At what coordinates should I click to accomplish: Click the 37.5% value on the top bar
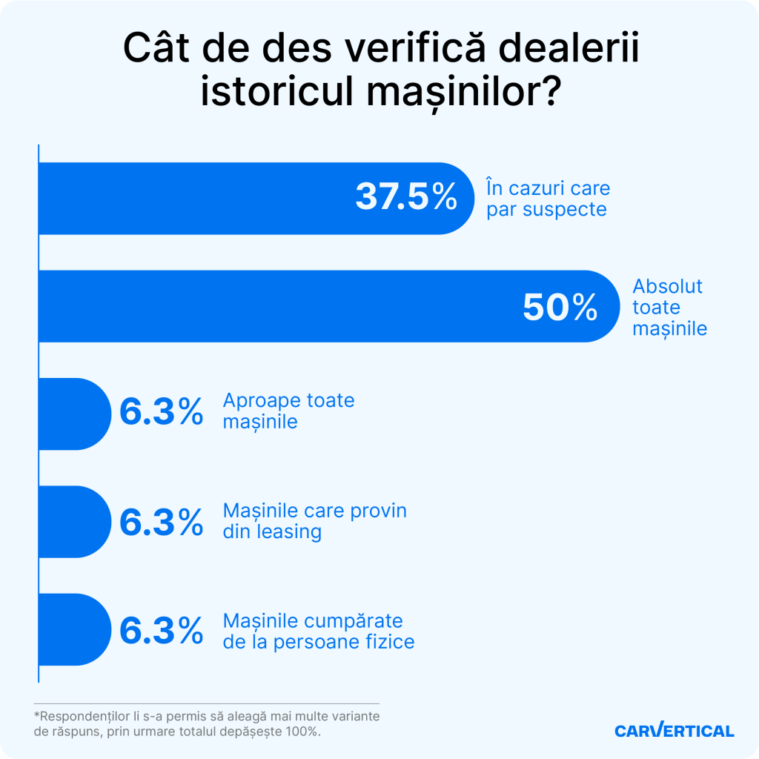click(x=406, y=197)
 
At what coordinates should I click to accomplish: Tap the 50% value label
click(x=560, y=307)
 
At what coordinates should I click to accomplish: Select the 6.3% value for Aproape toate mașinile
click(x=161, y=413)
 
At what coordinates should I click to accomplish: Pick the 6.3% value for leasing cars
click(x=161, y=522)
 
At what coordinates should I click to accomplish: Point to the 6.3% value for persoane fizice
click(x=161, y=631)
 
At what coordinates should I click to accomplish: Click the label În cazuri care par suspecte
click(x=547, y=199)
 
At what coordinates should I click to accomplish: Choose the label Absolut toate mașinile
click(x=669, y=307)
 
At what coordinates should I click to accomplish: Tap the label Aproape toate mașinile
click(x=288, y=411)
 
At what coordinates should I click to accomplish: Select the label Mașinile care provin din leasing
click(x=314, y=522)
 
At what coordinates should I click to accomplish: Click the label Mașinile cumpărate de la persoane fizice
click(x=318, y=631)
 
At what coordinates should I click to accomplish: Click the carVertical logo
click(x=674, y=731)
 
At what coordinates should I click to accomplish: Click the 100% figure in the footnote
click(x=302, y=732)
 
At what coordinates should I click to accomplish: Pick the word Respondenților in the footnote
click(x=81, y=716)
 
